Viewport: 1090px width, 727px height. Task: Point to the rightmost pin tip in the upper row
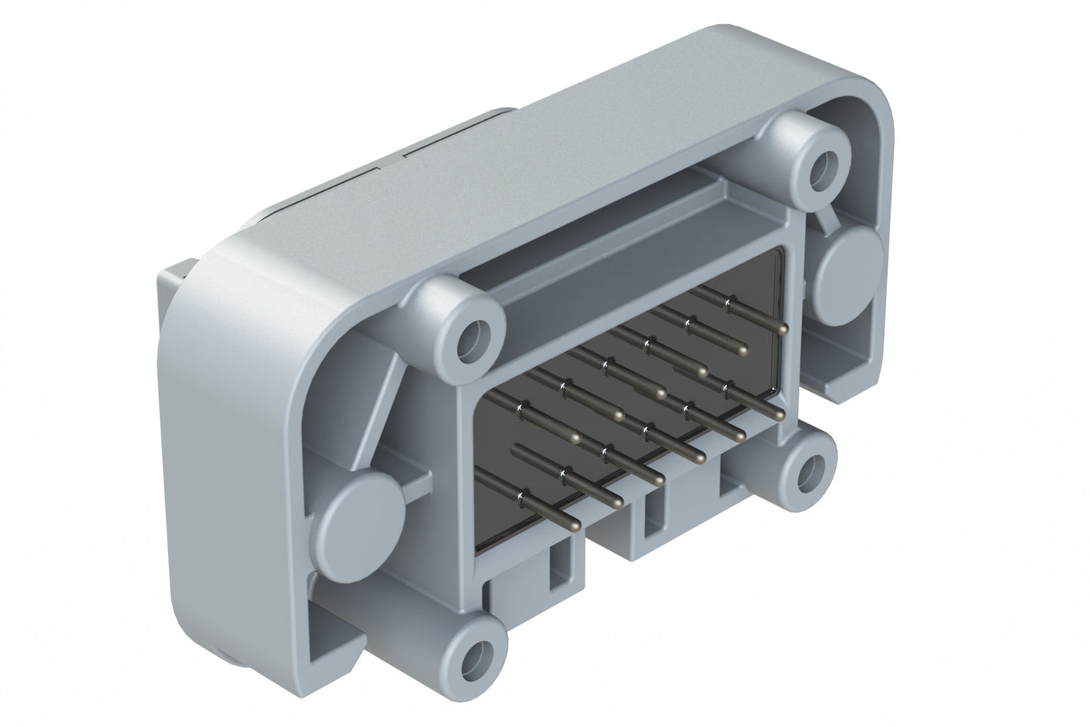tap(782, 328)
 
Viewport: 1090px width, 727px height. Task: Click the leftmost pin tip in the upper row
tap(576, 438)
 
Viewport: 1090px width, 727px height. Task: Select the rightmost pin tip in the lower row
tap(778, 414)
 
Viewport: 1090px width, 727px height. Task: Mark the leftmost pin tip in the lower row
tap(575, 525)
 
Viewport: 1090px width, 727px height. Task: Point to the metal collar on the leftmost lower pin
tap(520, 495)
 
